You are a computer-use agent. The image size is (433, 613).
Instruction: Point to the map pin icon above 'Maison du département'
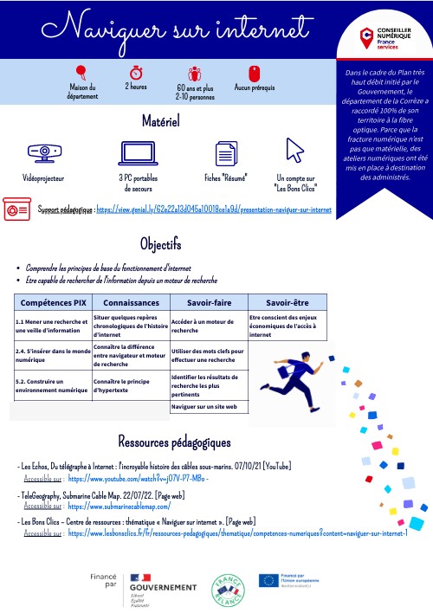click(81, 71)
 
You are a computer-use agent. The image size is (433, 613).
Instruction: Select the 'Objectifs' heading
click(159, 242)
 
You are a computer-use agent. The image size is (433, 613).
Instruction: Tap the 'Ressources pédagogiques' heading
click(174, 442)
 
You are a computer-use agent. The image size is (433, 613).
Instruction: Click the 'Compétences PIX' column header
click(52, 304)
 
